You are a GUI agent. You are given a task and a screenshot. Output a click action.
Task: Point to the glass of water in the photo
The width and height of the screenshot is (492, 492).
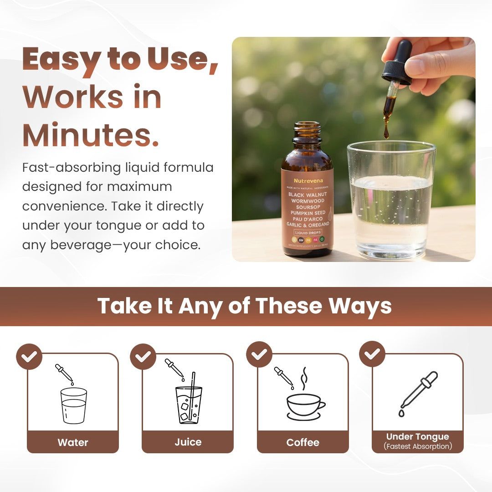tap(391, 200)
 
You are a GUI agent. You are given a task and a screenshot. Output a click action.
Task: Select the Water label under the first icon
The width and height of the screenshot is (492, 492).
tap(73, 442)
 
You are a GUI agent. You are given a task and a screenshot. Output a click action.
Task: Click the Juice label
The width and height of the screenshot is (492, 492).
tap(188, 442)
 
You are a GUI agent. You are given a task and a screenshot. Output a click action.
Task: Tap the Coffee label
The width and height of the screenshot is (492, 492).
tap(302, 442)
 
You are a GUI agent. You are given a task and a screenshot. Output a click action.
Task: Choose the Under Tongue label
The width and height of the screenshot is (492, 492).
tap(417, 437)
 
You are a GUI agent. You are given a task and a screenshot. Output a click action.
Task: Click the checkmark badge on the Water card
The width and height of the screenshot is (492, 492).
tap(29, 356)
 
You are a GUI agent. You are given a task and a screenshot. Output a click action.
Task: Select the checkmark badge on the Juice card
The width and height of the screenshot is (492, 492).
tap(143, 356)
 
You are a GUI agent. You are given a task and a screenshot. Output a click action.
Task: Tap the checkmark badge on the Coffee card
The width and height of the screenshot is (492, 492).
tap(259, 354)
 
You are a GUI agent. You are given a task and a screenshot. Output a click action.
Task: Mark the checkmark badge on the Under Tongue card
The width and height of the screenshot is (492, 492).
tap(372, 354)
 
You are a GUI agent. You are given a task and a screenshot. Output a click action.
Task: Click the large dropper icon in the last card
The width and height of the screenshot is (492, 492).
tap(418, 393)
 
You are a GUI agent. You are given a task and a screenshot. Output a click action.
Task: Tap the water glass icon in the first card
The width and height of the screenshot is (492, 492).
tap(73, 405)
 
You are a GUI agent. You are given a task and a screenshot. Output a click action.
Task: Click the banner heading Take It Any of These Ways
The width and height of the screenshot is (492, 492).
tap(244, 306)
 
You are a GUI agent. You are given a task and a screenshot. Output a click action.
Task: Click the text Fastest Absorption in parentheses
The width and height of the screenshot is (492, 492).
tap(418, 446)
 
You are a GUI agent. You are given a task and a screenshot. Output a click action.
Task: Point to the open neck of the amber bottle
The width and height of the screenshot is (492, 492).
tap(307, 125)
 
